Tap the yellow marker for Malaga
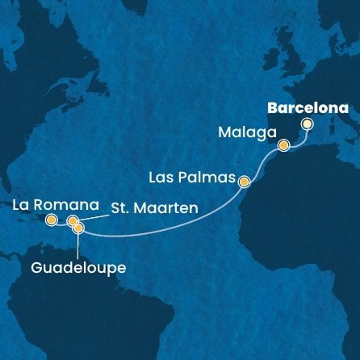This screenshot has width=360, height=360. (x=283, y=145)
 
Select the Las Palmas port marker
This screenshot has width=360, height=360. (x=244, y=182)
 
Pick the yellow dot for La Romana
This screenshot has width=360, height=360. (x=52, y=220)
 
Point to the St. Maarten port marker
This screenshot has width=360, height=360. (x=73, y=221)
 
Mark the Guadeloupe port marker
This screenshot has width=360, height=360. (x=78, y=228)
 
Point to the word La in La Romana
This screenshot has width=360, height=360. (x=21, y=204)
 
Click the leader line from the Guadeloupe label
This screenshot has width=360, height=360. (x=70, y=244)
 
